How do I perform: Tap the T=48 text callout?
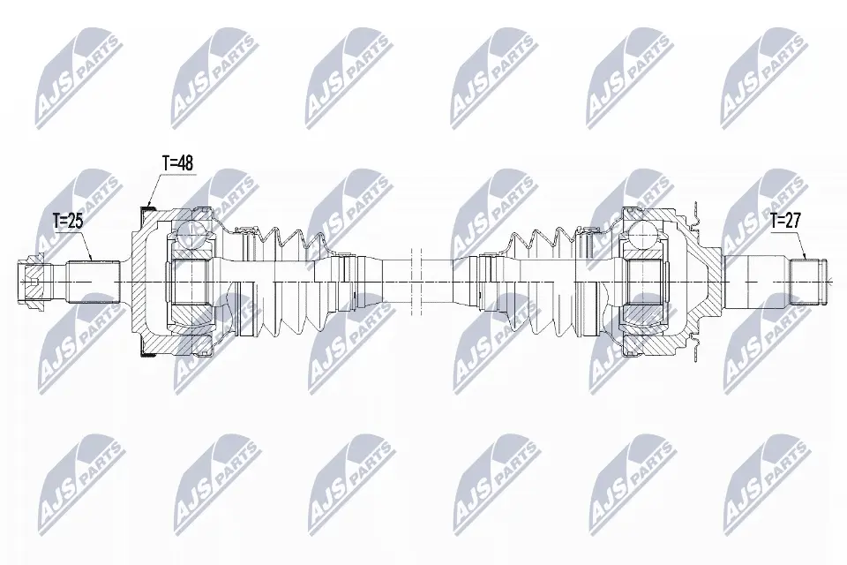(177, 162)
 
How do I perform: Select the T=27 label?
(786, 220)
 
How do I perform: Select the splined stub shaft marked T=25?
(93, 282)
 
